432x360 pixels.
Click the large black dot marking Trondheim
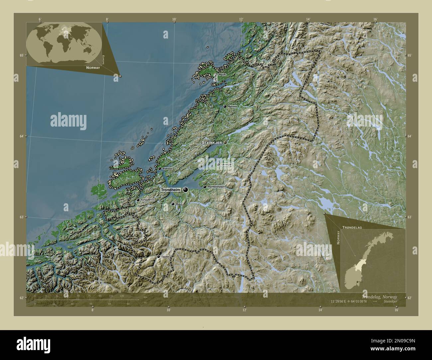click(185, 190)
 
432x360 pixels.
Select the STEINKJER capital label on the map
click(212, 142)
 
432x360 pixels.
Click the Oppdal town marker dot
click(159, 257)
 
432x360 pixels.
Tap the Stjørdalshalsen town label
click(216, 187)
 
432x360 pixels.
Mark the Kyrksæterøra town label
click(148, 200)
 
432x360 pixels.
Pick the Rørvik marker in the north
click(216, 75)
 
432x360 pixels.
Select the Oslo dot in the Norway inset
click(357, 282)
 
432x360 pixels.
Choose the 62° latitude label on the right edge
click(409, 298)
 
